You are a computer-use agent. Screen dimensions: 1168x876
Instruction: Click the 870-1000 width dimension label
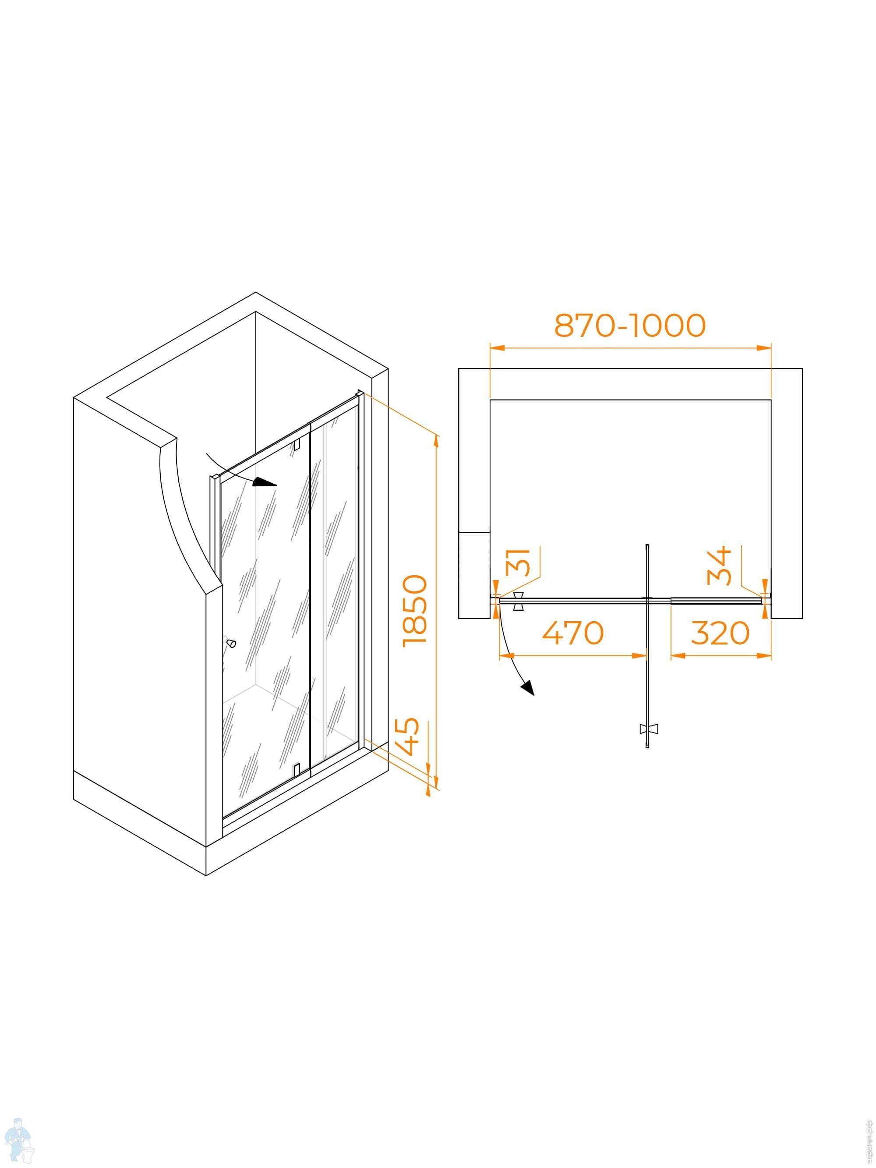click(x=629, y=326)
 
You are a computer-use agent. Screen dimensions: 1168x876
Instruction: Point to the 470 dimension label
click(x=573, y=633)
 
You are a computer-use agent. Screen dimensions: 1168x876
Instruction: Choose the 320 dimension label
click(x=720, y=633)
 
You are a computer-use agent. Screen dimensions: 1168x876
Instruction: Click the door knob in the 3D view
click(x=231, y=643)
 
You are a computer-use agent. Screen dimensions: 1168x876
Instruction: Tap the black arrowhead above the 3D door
click(x=265, y=482)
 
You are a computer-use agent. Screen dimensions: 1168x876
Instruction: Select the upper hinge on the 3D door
click(x=296, y=443)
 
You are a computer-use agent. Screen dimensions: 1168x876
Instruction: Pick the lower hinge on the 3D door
click(x=296, y=769)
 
